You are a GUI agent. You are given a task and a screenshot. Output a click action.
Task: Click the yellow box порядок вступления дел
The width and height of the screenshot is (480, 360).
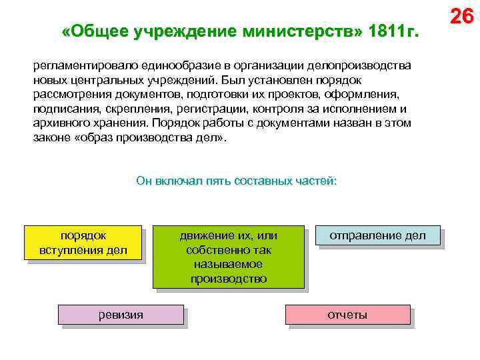83,243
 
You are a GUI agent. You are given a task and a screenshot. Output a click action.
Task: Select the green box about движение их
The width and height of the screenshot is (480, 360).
228,257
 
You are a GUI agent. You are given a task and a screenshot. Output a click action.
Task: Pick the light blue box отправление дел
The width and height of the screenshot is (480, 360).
377,236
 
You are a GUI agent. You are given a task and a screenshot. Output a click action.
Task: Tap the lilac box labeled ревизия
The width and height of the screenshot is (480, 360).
121,315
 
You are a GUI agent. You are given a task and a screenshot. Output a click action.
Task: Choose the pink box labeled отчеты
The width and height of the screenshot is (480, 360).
347,315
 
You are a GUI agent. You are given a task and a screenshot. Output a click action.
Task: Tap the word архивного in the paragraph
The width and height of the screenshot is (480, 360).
59,123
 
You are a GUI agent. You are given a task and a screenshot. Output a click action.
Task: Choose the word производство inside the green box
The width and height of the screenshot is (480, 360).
228,278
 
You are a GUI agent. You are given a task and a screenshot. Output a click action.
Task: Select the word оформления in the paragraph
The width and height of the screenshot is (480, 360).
363,95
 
